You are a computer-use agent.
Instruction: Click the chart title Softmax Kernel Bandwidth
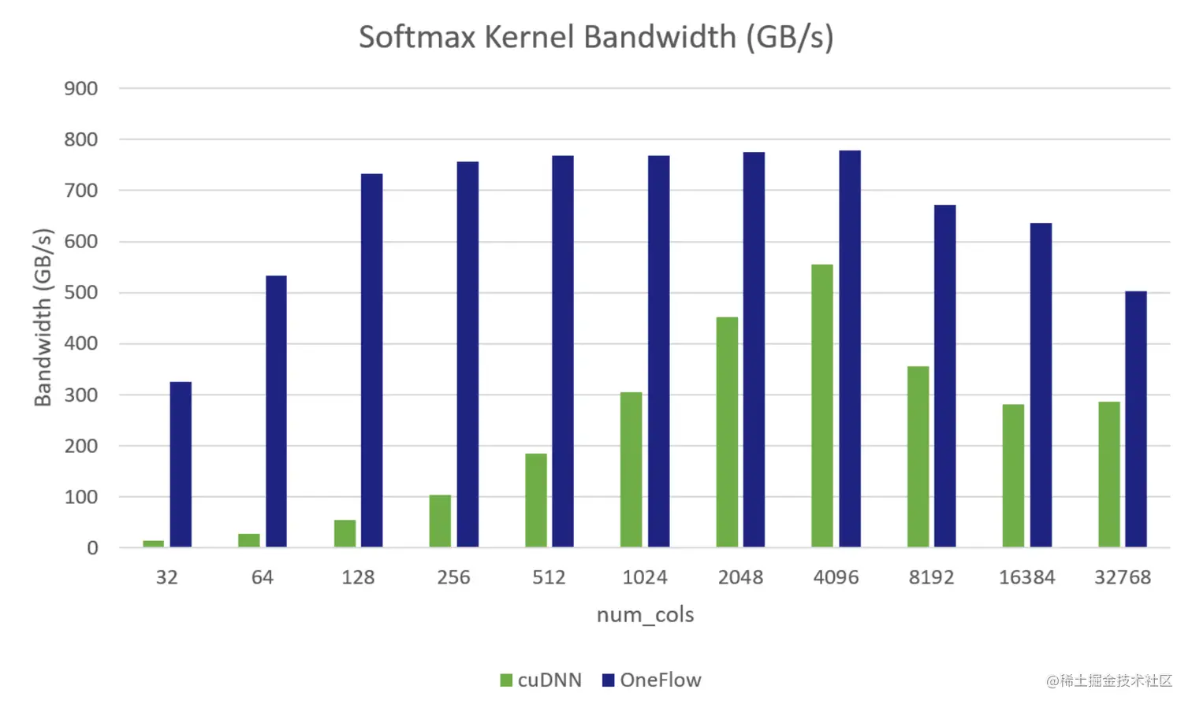596,37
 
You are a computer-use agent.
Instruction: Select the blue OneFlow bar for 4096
850,348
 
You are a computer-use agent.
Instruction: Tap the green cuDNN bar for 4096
822,406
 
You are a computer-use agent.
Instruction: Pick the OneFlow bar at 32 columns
181,464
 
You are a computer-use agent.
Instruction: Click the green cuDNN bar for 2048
727,432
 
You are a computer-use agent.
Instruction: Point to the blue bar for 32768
1136,419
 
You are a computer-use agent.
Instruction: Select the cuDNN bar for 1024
631,469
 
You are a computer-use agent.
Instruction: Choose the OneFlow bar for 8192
945,376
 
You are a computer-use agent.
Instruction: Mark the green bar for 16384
1013,476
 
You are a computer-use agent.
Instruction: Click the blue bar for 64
276,411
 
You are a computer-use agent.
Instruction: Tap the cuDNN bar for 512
536,500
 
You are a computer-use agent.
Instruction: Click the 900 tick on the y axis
81,89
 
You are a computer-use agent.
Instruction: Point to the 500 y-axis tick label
81,293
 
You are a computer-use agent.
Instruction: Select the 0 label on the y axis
92,548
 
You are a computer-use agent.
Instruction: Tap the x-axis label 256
453,577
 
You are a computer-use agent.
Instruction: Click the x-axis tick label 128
358,577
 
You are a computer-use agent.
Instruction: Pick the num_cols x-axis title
645,615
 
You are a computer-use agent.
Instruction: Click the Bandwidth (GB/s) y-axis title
43,317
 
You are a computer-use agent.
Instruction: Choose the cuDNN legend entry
541,680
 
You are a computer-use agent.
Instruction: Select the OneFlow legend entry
651,680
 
